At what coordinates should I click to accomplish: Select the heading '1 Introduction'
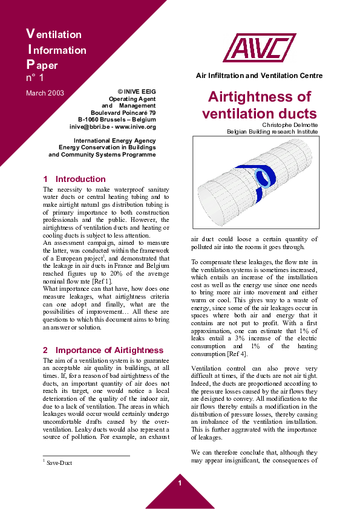click(x=74, y=179)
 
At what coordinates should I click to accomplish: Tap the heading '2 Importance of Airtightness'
click(x=103, y=350)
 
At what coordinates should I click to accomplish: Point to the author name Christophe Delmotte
click(x=289, y=125)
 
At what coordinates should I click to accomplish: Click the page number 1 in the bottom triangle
click(x=180, y=483)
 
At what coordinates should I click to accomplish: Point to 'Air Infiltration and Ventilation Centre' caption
click(x=260, y=76)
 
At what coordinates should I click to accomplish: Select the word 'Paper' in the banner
click(x=42, y=65)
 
